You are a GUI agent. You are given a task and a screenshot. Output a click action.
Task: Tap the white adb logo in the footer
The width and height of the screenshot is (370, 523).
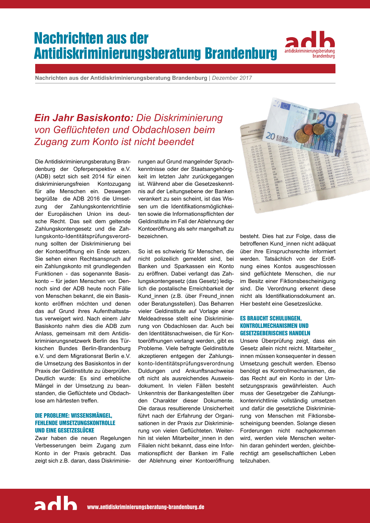[x=56, y=504]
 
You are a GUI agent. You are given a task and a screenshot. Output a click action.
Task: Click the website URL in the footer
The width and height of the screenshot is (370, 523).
[x=146, y=507]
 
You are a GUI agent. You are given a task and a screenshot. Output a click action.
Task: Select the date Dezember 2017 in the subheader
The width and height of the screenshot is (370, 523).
[x=232, y=78]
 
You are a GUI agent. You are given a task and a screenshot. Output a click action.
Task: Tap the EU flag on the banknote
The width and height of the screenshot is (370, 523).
[x=285, y=106]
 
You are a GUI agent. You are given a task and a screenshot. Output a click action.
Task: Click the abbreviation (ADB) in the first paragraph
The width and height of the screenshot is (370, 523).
[x=42, y=176]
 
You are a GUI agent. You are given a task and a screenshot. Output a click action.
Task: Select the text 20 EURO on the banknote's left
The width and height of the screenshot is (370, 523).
[x=277, y=137]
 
